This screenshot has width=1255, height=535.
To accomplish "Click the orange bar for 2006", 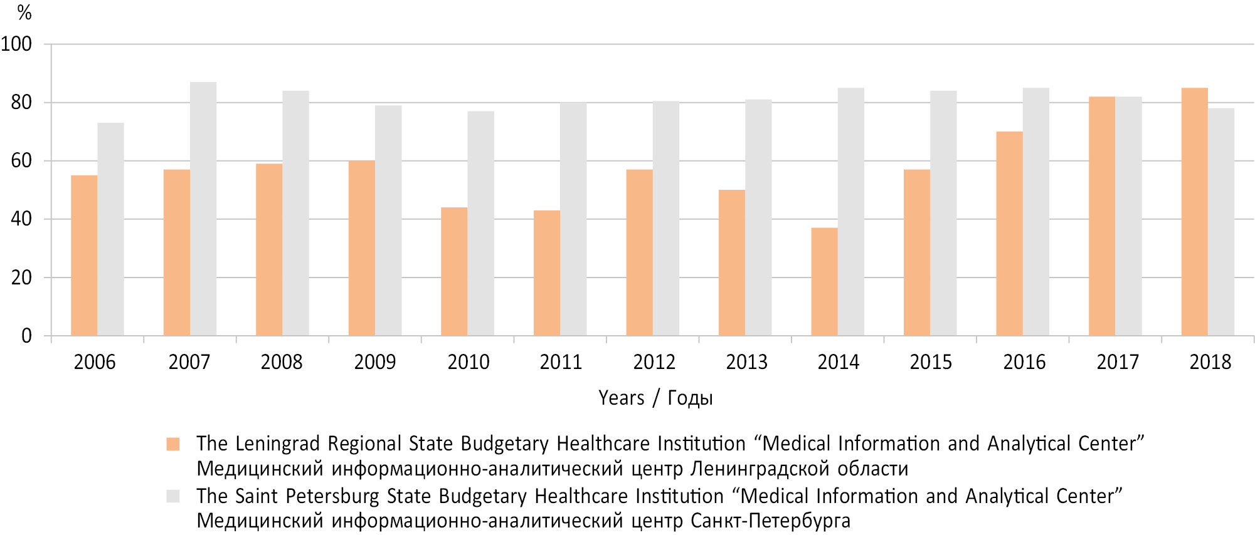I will pos(84,256).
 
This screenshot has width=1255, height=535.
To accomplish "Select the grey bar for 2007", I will pos(203,209).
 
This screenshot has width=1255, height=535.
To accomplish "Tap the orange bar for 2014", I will pos(824,282).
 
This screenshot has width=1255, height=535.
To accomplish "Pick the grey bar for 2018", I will pos(1221,222).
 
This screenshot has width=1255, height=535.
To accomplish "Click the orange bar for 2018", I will pos(1194,212).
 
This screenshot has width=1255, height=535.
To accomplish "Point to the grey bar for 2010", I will pos(480,223).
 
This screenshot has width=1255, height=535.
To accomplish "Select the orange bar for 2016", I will pos(1009,234).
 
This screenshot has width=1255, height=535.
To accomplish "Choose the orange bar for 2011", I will pos(547,273).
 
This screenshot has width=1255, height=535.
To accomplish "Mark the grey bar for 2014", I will pos(850,212).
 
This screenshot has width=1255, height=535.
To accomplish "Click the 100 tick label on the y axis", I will pos(16,44).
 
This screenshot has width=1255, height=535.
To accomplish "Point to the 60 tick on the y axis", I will pos(21,161).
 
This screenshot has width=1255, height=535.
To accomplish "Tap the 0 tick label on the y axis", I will pos(26,336).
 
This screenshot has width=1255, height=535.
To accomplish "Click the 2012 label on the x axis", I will pos(654,362).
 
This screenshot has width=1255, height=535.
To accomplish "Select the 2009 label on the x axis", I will pos(375,362).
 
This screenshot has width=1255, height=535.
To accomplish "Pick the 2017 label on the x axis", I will pos(1118,362).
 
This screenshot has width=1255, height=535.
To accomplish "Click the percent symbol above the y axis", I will pos(24,13).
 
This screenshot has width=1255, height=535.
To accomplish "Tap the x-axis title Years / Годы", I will pos(655,398).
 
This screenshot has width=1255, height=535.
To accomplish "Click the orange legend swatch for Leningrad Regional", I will pos(173,444).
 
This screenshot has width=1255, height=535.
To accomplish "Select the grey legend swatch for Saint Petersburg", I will pos(173,496).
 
